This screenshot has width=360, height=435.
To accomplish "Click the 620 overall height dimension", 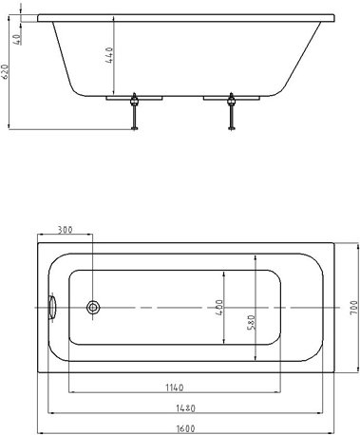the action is (x=5, y=71).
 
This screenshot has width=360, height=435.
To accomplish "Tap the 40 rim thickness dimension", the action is (x=17, y=39).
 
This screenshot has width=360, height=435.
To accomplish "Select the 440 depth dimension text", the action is (x=109, y=55).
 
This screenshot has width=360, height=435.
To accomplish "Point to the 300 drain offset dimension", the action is (x=65, y=230).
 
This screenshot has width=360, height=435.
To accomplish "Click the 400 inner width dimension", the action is (x=219, y=308).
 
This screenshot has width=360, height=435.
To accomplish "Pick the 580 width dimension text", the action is (x=251, y=322).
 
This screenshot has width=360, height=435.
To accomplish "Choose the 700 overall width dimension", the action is (x=353, y=308).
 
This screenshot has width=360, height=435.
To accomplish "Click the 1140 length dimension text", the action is (x=175, y=388).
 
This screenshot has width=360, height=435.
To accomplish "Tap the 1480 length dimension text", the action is (x=185, y=408).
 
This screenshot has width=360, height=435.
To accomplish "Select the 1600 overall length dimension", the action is (x=185, y=428).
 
